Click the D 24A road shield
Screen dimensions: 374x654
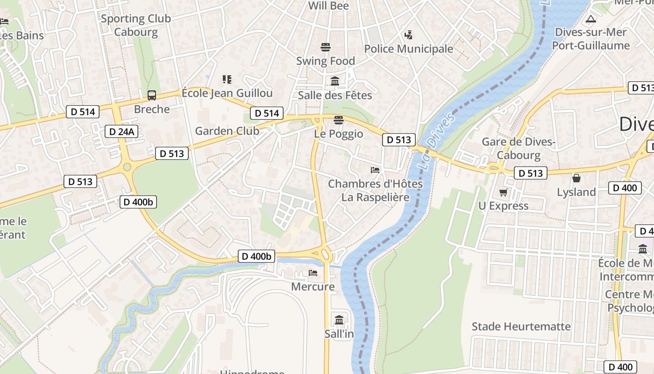point(121,131)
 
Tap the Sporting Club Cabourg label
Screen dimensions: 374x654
point(136,25)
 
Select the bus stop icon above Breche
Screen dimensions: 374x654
point(152,95)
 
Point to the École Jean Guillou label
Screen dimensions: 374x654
point(227,93)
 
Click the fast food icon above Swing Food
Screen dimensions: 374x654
point(326,47)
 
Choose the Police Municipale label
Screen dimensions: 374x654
point(408,49)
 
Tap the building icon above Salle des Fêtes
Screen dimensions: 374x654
point(335,81)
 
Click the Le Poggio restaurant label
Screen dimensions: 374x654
point(339,134)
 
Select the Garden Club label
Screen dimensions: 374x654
point(227,131)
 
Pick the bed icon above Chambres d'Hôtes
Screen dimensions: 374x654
point(375,170)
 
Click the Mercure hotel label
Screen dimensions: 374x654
point(313,286)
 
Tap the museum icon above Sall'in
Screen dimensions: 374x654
point(339,320)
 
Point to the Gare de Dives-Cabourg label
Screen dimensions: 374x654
point(518,148)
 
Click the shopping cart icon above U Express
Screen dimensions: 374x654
point(504,192)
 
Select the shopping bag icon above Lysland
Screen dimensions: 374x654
point(576,178)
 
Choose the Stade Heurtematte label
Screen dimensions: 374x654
point(521,326)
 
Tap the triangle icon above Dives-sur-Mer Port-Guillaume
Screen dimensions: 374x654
point(591,19)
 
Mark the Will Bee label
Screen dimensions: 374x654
point(329,6)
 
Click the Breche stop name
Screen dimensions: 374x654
point(152,109)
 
